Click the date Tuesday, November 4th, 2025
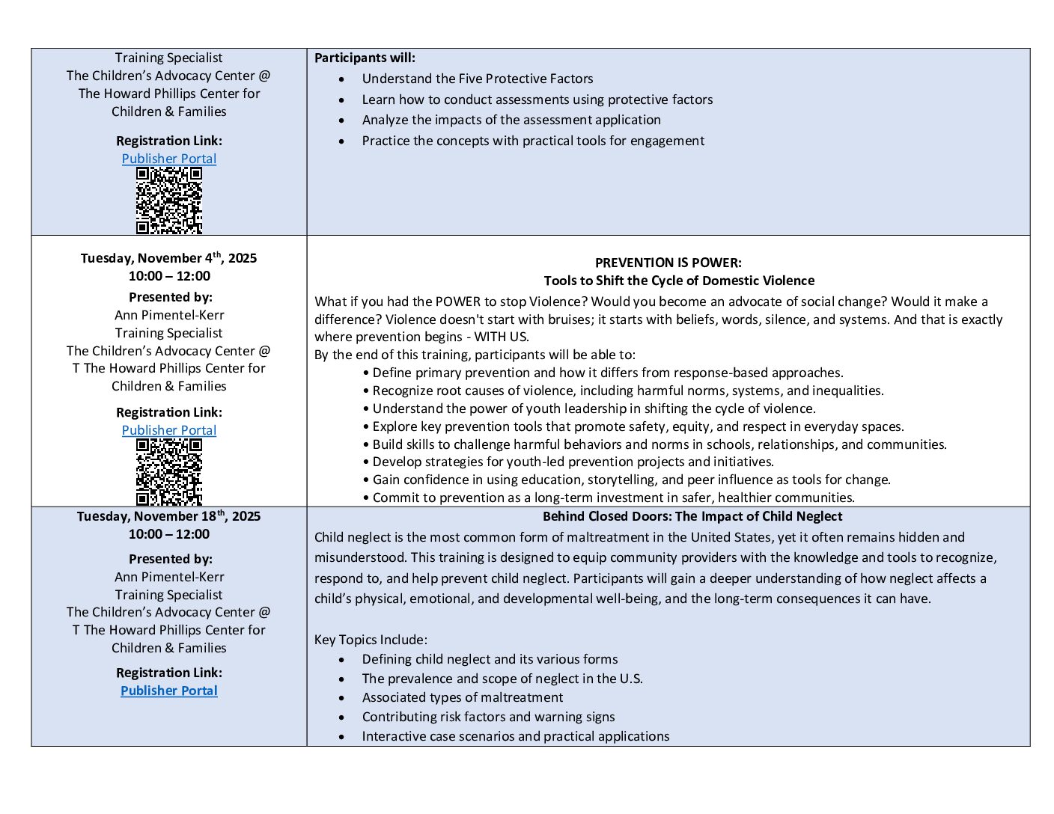click(x=168, y=258)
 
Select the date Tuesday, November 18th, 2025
click(x=168, y=516)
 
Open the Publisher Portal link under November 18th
click(x=169, y=691)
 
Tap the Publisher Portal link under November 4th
click(x=169, y=430)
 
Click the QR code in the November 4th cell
click(x=169, y=472)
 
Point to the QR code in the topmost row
click(x=169, y=201)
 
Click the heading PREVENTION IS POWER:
click(x=668, y=263)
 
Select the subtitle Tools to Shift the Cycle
click(x=679, y=281)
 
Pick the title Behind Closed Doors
click(x=692, y=516)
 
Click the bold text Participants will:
click(x=365, y=58)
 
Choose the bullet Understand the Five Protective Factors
click(x=477, y=79)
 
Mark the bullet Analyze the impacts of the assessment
click(x=511, y=120)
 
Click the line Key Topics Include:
click(x=371, y=640)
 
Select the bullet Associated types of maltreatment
click(x=462, y=697)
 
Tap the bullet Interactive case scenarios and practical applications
click(x=515, y=736)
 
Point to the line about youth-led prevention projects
click(x=573, y=462)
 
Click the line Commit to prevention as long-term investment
click(x=613, y=498)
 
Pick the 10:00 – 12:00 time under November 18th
click(x=169, y=534)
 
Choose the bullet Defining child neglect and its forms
click(x=490, y=659)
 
